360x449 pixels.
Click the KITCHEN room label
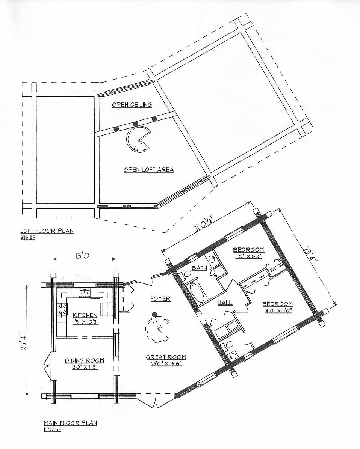click(x=85, y=316)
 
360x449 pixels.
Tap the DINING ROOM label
click(x=84, y=360)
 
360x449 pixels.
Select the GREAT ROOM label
click(x=166, y=357)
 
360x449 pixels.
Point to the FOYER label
click(x=160, y=299)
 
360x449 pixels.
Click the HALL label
click(x=225, y=302)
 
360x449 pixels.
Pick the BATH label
click(x=200, y=268)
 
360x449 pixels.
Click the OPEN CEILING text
click(x=132, y=104)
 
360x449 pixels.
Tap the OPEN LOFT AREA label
click(x=149, y=170)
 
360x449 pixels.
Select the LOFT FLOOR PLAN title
click(x=47, y=231)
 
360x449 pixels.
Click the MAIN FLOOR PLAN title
click(x=71, y=423)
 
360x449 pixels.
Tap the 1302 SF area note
click(x=53, y=430)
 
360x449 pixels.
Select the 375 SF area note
click(x=28, y=237)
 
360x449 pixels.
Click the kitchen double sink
click(x=85, y=293)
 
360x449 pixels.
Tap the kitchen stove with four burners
click(x=62, y=309)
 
